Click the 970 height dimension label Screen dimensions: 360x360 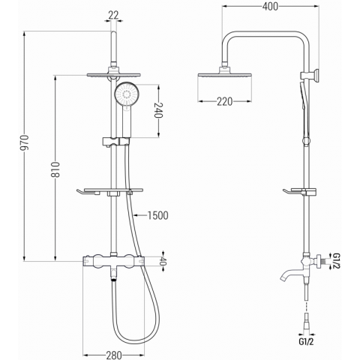pos(25,143)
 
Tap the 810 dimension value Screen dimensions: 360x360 pos(55,169)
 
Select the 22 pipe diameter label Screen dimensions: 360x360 pos(114,16)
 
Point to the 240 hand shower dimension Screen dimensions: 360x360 pos(158,110)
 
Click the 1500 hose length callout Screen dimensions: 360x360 pos(157,215)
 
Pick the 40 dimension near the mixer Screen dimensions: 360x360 pos(163,261)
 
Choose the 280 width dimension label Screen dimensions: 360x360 pos(114,355)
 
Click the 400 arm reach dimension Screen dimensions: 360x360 pos(270,7)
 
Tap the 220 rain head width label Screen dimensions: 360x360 pos(225,102)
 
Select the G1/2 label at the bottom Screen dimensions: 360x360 pos(306,342)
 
